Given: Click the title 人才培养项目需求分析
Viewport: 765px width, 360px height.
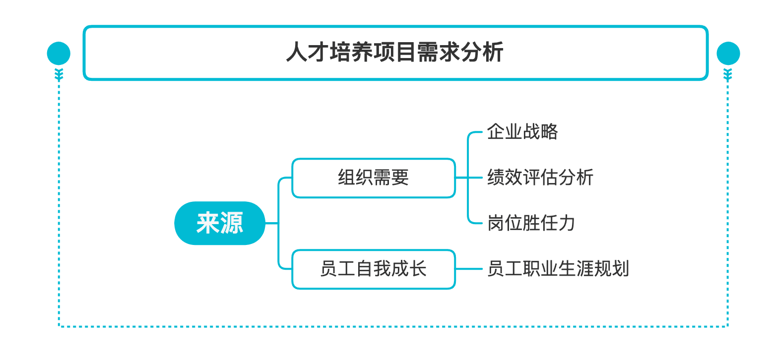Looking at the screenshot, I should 395,53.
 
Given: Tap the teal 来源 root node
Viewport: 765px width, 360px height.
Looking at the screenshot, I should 220,223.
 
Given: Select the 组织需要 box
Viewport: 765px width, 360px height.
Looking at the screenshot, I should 373,178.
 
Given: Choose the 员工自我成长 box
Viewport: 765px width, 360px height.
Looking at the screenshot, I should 373,269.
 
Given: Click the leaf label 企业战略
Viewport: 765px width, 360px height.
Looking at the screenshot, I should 522,132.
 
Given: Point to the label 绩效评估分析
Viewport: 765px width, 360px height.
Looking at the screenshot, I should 540,178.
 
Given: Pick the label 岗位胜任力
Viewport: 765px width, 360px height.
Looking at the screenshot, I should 531,223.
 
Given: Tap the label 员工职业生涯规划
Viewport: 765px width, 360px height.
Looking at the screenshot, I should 558,269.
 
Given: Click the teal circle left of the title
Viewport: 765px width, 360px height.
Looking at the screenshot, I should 59,53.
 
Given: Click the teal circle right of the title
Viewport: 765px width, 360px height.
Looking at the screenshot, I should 728,53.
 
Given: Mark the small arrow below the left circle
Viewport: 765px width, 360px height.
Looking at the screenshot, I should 59,75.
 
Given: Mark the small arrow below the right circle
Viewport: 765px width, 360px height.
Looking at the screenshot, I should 728,75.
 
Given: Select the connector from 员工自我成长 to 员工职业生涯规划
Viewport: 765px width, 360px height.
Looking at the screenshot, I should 469,269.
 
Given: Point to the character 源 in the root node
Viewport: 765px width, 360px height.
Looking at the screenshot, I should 231,223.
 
